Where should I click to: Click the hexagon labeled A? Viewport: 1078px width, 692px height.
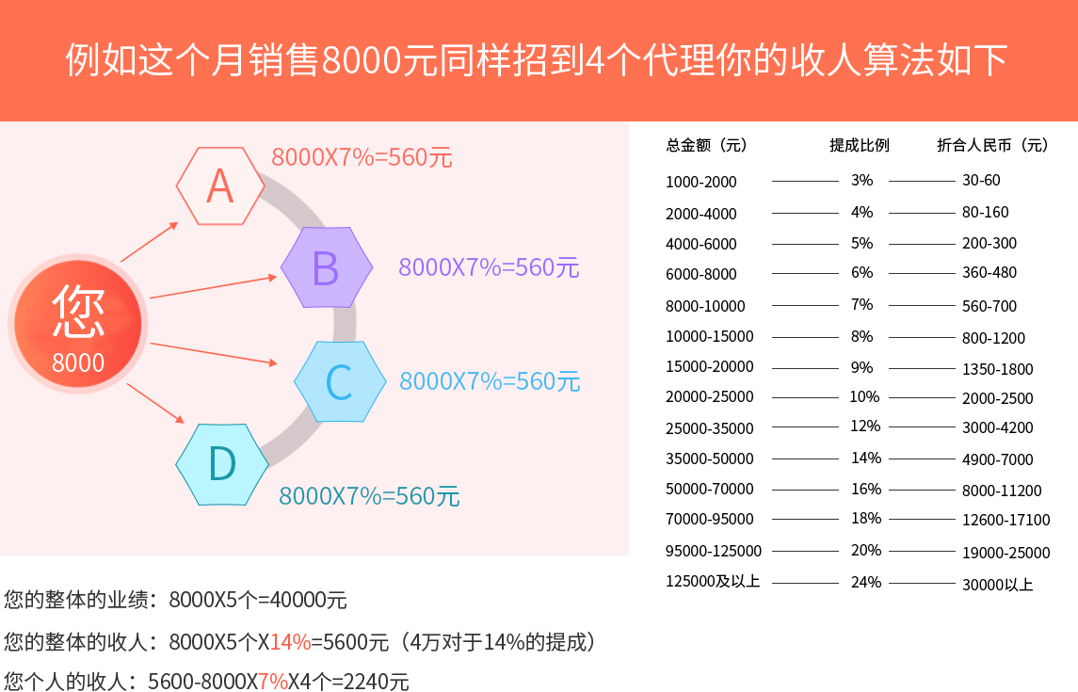[220, 186]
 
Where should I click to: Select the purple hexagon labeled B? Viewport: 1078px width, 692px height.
[326, 267]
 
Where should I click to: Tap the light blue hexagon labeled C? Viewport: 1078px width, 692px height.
[339, 381]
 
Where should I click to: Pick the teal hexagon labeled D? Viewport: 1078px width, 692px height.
[222, 464]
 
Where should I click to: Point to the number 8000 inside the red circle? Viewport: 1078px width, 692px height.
[78, 362]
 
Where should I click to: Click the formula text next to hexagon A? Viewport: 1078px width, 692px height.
[362, 157]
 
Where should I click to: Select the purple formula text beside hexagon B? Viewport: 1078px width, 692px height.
[489, 267]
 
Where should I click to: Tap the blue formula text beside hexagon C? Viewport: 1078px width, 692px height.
[490, 381]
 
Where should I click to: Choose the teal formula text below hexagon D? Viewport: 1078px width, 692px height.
[369, 495]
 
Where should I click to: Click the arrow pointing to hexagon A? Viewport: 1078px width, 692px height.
[150, 242]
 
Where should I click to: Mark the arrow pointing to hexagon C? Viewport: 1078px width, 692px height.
[215, 355]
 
